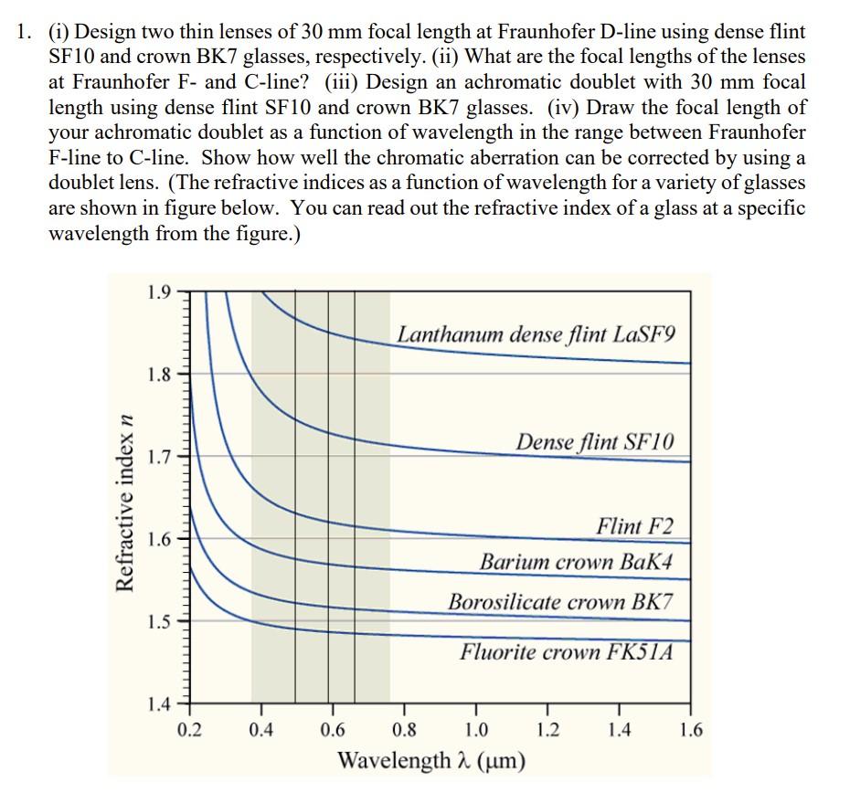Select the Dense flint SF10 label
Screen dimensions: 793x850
pyautogui.click(x=595, y=442)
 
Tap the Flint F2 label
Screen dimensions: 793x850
pyautogui.click(x=634, y=526)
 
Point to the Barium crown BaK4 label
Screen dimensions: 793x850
pyautogui.click(x=577, y=561)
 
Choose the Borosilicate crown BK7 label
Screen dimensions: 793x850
pyautogui.click(x=560, y=602)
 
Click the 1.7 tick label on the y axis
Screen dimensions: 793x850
pyautogui.click(x=156, y=456)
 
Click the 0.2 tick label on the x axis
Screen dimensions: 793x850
pyautogui.click(x=190, y=730)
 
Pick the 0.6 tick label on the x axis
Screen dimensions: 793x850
pyautogui.click(x=333, y=730)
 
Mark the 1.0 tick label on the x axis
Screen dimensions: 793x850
pyautogui.click(x=475, y=730)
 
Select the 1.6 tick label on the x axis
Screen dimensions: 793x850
pyautogui.click(x=691, y=730)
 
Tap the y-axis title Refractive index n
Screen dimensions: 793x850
pyautogui.click(x=126, y=495)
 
